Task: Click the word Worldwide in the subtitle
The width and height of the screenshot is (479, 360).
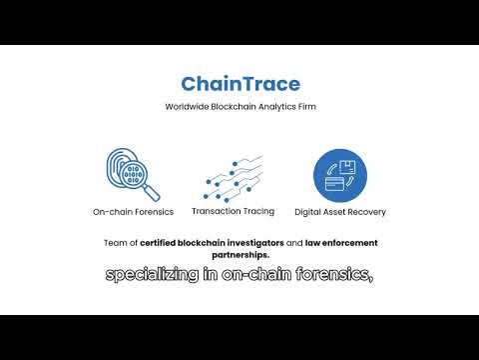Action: click(187, 107)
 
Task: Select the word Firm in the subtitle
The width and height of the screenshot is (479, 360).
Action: click(303, 107)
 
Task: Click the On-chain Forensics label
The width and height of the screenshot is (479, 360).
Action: click(133, 212)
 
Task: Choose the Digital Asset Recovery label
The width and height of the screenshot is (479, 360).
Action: click(339, 212)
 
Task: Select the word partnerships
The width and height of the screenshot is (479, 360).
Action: click(239, 254)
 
